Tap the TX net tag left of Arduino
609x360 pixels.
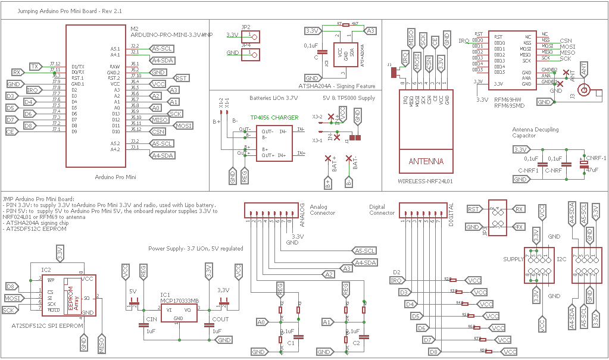click(36, 66)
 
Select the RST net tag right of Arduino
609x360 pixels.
click(181, 78)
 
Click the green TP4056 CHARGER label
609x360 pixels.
click(274, 118)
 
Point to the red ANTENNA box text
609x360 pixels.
click(426, 161)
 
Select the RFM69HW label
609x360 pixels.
click(507, 99)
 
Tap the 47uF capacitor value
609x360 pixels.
click(592, 170)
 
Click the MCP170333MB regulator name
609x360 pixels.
click(179, 300)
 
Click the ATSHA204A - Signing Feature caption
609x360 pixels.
click(336, 86)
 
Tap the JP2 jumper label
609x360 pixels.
click(246, 27)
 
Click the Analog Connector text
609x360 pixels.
click(322, 209)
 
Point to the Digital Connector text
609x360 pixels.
click(382, 209)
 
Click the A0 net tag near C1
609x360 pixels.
click(261, 322)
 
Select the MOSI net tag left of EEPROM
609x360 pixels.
click(13, 298)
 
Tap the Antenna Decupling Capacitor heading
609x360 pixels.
click(536, 132)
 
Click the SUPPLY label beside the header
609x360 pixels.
click(513, 259)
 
